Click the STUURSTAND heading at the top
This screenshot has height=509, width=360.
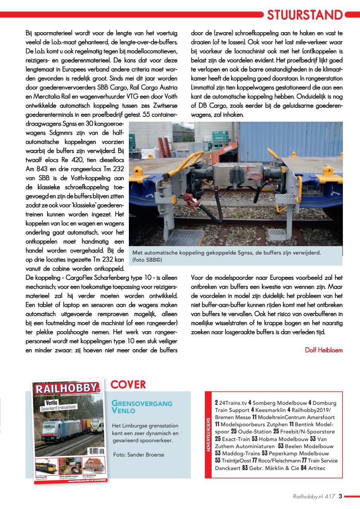click(304, 15)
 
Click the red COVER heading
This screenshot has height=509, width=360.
click(128, 385)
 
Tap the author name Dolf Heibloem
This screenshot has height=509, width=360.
click(323, 350)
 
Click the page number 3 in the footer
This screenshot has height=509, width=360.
click(340, 495)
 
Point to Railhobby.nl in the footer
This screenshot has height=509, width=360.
click(307, 496)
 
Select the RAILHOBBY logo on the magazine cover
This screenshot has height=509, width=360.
click(66, 389)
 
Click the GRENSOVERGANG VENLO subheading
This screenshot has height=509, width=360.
click(142, 407)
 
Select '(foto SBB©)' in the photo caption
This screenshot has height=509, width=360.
click(147, 260)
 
